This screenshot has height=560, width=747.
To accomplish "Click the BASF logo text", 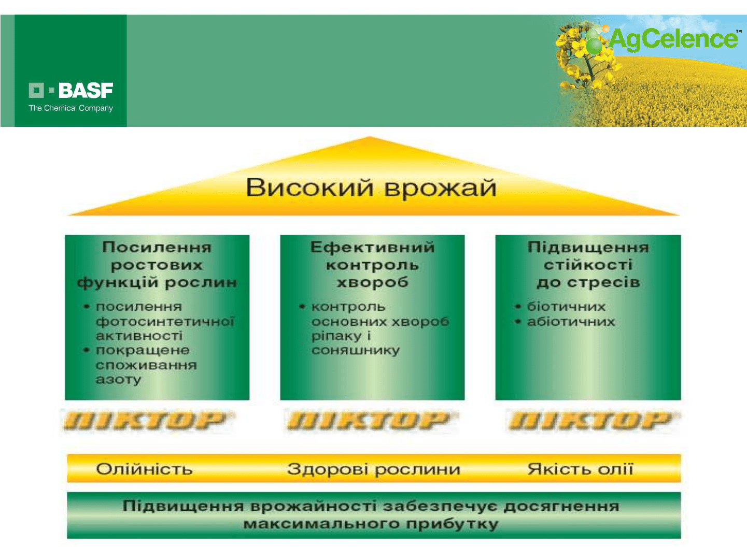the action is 86,91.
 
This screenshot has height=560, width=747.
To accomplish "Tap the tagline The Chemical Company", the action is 71,108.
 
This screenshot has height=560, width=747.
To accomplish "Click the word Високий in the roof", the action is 309,188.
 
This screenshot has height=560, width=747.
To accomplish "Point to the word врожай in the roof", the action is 441,189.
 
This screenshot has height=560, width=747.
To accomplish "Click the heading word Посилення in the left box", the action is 157,247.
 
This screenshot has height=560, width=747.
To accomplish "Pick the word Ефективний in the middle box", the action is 372,247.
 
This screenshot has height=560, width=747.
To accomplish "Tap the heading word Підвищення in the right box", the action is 588,248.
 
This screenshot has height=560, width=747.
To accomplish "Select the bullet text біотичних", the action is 566,307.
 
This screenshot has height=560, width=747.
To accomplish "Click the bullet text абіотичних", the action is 571,321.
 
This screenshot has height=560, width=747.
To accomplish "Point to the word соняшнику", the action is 356,351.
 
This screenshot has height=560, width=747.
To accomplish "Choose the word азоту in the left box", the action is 118,380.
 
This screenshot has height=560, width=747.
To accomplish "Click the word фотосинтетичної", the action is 165,322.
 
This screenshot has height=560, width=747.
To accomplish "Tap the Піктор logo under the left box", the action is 146,421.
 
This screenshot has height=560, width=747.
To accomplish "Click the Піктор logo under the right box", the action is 591,421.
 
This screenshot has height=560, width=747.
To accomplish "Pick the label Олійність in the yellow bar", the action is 144,469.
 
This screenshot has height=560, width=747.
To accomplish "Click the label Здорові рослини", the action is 374,470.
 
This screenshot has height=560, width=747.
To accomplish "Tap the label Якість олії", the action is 580,469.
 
